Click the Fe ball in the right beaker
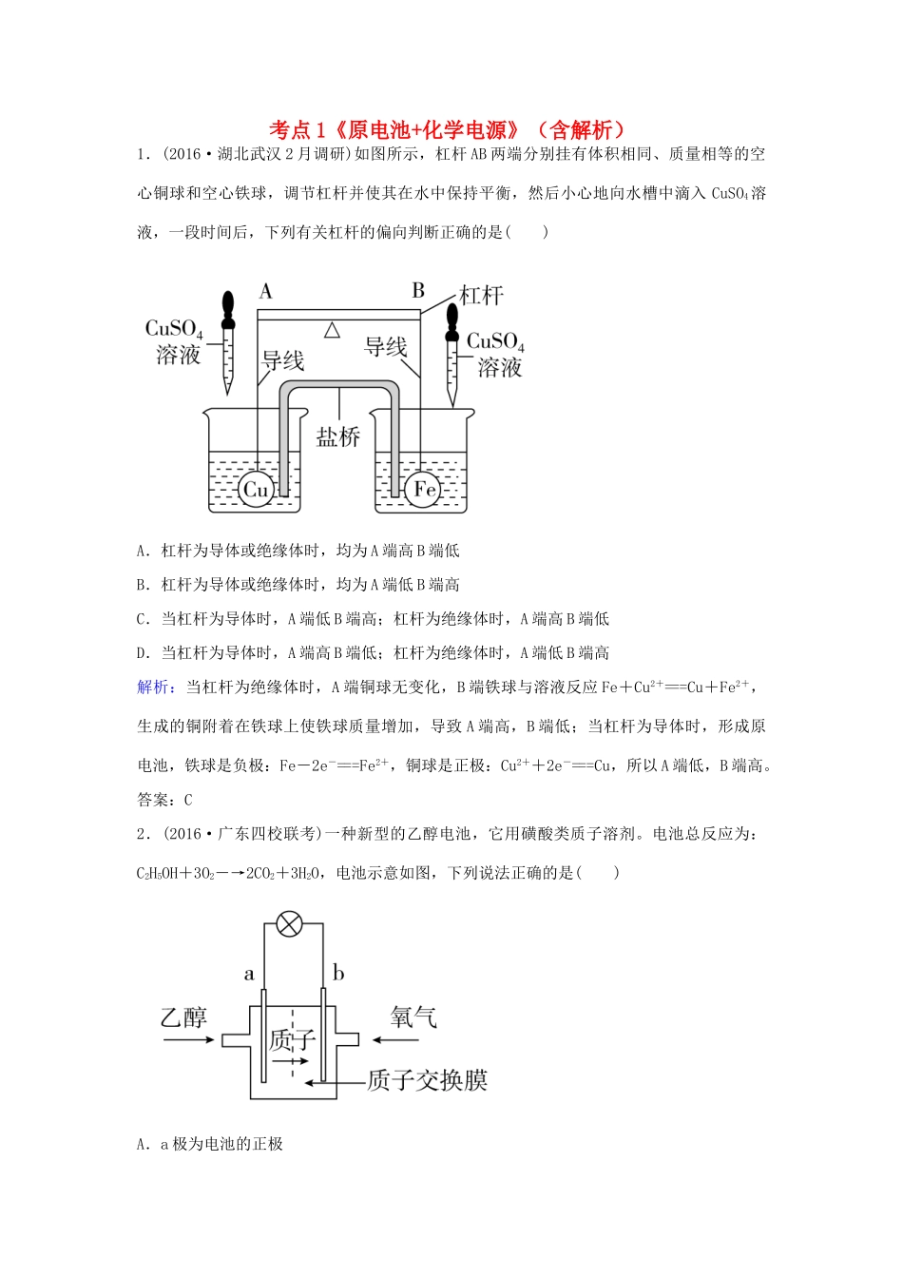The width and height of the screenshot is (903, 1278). [425, 489]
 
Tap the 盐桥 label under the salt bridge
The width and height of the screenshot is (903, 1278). [338, 436]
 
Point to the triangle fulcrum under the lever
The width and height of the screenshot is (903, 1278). [331, 330]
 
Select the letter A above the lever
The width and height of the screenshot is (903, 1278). [266, 291]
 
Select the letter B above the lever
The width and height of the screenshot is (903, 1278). [417, 291]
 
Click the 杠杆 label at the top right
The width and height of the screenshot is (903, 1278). [481, 295]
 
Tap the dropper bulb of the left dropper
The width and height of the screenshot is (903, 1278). [228, 304]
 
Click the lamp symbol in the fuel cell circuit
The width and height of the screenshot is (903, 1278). [289, 923]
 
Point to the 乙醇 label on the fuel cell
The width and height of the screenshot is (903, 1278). [183, 1017]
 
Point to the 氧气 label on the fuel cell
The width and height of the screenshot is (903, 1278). [413, 1017]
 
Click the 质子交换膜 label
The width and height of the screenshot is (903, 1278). [427, 1080]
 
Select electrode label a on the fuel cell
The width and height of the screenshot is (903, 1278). [249, 974]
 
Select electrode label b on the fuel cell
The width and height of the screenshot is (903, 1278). [337, 973]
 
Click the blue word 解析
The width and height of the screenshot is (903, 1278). [153, 687]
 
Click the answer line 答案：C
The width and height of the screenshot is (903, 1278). [165, 800]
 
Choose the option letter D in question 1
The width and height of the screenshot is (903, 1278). [143, 653]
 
